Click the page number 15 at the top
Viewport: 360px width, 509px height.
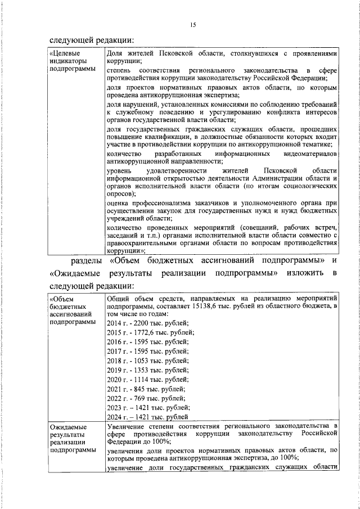[x=193, y=25]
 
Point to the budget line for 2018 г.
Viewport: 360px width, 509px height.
[x=147, y=361]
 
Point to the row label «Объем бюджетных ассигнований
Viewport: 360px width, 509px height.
[x=68, y=309]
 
